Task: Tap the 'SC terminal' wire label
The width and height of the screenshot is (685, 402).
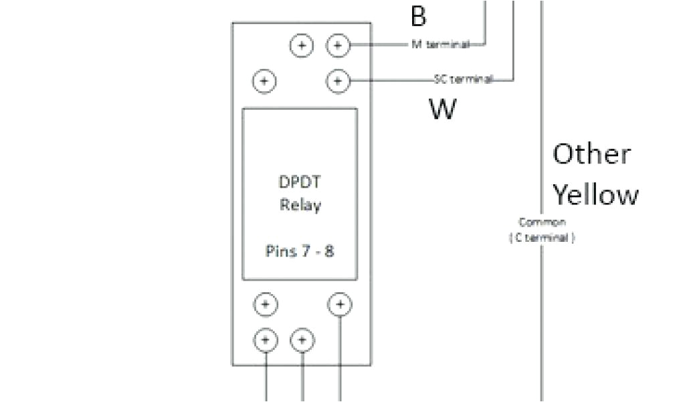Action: pyautogui.click(x=462, y=80)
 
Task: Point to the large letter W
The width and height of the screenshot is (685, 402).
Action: pyautogui.click(x=442, y=109)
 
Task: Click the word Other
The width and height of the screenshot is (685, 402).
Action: pyautogui.click(x=591, y=155)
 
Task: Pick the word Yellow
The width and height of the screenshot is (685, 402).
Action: pyautogui.click(x=595, y=195)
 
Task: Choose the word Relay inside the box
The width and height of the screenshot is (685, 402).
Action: pyautogui.click(x=299, y=204)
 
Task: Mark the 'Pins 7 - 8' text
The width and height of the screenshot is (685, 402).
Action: pyautogui.click(x=299, y=252)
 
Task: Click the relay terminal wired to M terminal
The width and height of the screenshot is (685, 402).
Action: pyautogui.click(x=338, y=46)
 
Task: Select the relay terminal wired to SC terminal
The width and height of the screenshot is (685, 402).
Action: pyautogui.click(x=338, y=81)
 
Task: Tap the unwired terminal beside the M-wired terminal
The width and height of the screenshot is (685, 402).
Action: pyautogui.click(x=302, y=46)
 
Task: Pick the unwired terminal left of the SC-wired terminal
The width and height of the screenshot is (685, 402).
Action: pyautogui.click(x=265, y=81)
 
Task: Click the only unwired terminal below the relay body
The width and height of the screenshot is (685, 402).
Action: pyautogui.click(x=266, y=304)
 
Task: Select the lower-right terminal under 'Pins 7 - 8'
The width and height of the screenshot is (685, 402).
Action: pyautogui.click(x=340, y=304)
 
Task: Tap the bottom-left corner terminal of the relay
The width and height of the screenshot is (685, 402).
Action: pyautogui.click(x=266, y=340)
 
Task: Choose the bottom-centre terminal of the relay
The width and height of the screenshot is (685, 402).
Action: pyautogui.click(x=302, y=340)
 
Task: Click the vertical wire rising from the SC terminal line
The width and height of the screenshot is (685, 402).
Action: pyautogui.click(x=514, y=40)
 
